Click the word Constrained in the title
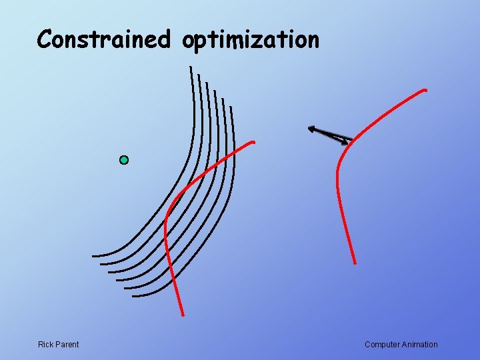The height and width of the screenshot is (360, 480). pos(103,39)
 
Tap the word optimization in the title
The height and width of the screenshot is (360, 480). pos(251,41)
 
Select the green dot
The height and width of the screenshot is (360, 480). pos(123,160)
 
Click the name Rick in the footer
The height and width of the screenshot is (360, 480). pos(46,345)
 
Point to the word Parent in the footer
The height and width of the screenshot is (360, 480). pos(67,345)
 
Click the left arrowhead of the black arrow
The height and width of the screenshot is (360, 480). pos(311,129)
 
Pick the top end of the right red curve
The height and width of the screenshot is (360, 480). pos(425,90)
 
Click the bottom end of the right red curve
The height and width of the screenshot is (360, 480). pos(355,262)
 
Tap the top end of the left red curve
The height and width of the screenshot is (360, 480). pos(253,142)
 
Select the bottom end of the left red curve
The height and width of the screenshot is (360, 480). pos(182,314)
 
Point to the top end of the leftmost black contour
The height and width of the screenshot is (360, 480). pos(191,67)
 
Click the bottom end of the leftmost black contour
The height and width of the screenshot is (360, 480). pos(94,255)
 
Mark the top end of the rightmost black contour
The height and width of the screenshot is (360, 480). pos(231,106)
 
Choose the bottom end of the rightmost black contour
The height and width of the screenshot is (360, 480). pos(133,295)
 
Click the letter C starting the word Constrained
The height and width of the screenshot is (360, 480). pos(45,39)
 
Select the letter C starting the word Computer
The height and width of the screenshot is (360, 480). pos(368,345)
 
